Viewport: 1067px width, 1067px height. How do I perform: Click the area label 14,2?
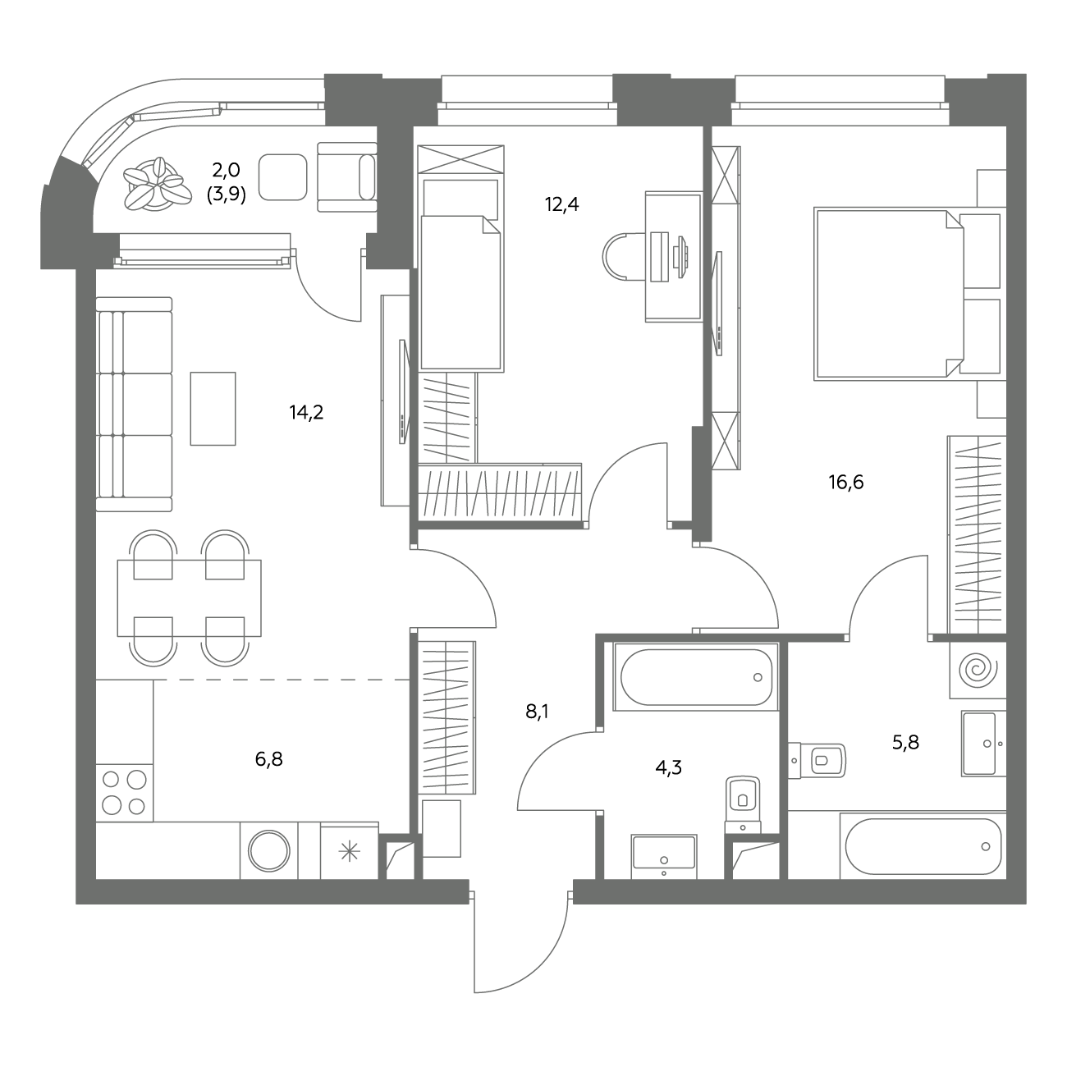click(306, 413)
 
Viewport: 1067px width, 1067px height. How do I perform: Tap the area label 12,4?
click(561, 205)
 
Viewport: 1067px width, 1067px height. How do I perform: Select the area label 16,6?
click(846, 483)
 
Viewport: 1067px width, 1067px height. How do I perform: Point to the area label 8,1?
click(537, 711)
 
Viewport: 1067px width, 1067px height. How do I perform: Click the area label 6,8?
click(268, 759)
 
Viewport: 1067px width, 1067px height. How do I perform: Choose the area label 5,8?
click(905, 743)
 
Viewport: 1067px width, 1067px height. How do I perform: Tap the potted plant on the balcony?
click(153, 185)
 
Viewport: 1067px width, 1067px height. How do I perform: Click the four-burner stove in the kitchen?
click(125, 793)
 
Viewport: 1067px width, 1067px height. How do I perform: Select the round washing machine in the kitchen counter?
click(269, 850)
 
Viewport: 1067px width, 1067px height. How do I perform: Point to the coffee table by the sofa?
click(213, 409)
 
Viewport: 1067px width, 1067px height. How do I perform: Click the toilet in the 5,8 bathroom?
click(817, 760)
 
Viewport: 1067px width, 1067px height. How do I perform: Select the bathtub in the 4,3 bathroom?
click(696, 676)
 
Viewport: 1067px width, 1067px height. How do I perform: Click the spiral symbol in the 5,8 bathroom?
click(978, 670)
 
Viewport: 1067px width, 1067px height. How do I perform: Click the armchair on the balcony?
click(347, 176)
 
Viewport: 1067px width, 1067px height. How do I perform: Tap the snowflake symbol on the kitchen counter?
click(350, 852)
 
